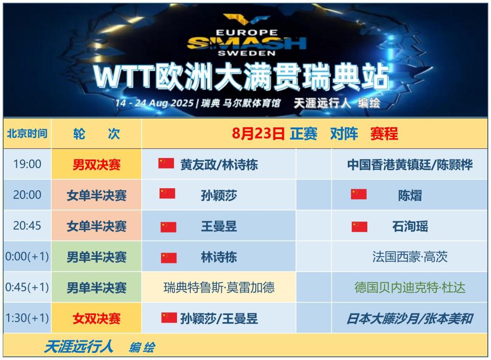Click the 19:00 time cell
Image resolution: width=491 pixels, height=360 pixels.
(x=27, y=164)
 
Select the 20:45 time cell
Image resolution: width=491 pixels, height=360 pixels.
(x=27, y=226)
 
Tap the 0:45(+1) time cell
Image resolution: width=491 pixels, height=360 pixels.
(x=27, y=287)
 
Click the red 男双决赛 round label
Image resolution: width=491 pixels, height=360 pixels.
(x=97, y=164)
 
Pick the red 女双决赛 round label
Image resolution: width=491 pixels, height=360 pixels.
(x=97, y=319)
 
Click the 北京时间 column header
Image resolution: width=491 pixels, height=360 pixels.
(x=27, y=133)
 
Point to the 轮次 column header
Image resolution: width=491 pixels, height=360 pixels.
(x=97, y=133)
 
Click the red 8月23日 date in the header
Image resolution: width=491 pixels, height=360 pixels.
(x=258, y=133)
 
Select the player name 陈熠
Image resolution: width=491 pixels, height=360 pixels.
(x=410, y=195)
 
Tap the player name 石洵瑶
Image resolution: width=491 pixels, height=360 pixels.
(x=410, y=226)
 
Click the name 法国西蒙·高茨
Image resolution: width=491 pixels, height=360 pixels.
(x=410, y=257)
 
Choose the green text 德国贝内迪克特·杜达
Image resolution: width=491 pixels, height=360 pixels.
(x=410, y=287)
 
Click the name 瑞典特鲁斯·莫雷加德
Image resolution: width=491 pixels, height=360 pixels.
(x=219, y=287)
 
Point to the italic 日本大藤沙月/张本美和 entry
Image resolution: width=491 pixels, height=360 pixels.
(x=410, y=319)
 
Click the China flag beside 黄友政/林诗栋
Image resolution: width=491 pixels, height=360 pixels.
(x=166, y=164)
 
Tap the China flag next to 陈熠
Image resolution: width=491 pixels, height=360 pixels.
(x=359, y=194)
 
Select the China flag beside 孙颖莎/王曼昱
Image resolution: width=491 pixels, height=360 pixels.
(x=169, y=318)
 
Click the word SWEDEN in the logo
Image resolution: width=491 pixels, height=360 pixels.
(x=247, y=53)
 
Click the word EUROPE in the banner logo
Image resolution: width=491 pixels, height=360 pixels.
(x=247, y=33)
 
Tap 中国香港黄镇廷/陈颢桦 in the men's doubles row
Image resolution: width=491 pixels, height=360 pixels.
(x=410, y=164)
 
